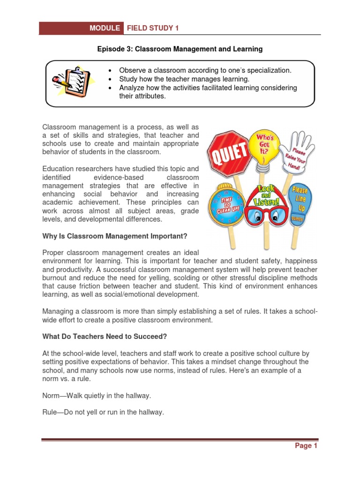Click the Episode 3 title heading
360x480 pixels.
(x=180, y=49)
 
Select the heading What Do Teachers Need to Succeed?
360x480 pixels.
(x=105, y=336)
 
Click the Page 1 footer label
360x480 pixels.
(x=306, y=446)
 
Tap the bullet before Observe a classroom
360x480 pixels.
(x=109, y=71)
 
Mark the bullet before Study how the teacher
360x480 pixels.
(x=109, y=79)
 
